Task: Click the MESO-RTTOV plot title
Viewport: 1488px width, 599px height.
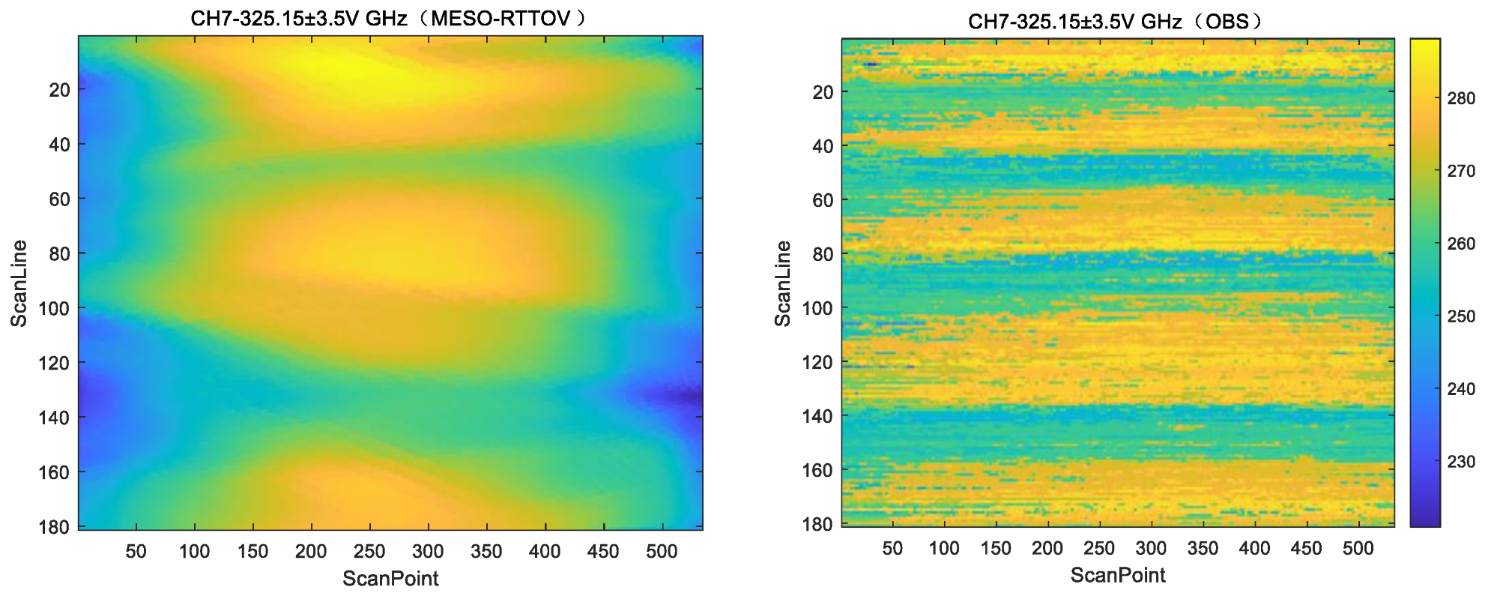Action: pos(389,18)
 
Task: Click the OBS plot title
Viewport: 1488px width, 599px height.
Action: pos(1116,21)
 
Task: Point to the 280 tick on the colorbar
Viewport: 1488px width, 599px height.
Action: pos(1460,98)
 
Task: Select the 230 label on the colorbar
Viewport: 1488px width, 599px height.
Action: pos(1460,462)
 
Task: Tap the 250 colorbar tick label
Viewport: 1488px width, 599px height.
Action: pos(1460,316)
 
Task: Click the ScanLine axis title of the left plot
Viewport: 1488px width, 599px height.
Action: pos(19,283)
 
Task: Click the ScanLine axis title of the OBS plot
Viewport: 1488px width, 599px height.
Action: pos(782,283)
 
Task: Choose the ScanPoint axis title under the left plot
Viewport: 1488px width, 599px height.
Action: pos(390,578)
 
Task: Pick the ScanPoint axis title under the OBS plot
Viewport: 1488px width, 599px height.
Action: pos(1117,575)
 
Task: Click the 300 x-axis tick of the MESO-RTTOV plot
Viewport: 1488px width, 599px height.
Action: pos(428,552)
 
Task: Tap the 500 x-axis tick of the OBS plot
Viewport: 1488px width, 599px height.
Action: pos(1358,548)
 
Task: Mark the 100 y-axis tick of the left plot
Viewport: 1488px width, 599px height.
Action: pos(53,308)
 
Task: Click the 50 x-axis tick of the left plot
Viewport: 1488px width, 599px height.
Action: pos(136,552)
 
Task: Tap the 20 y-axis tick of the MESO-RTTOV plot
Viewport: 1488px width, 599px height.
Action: pos(59,90)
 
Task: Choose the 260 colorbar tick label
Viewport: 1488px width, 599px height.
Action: pos(1460,244)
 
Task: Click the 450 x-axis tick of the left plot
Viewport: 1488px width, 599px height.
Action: pos(602,552)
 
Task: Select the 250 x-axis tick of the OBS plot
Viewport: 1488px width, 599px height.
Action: pos(1098,548)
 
